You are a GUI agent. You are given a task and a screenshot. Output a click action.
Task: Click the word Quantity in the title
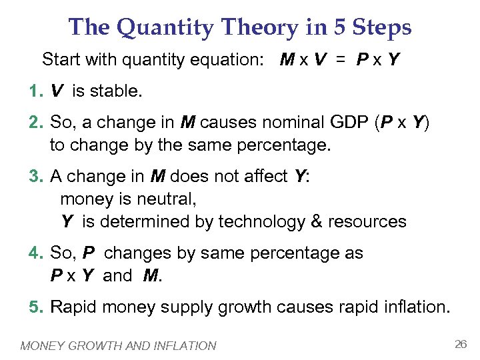pyautogui.click(x=156, y=27)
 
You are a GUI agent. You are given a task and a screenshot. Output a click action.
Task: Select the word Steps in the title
pyautogui.click(x=383, y=27)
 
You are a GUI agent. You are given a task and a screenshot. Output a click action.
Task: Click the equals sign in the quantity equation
pyautogui.click(x=341, y=59)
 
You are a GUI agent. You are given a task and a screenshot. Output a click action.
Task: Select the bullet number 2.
pyautogui.click(x=35, y=123)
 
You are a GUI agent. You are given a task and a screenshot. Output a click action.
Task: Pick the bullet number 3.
pyautogui.click(x=35, y=177)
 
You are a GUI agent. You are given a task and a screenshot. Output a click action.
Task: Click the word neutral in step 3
pyautogui.click(x=169, y=199)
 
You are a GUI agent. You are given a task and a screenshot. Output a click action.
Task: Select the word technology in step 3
pyautogui.click(x=265, y=221)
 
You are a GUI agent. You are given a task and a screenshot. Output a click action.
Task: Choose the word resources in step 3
pyautogui.click(x=369, y=221)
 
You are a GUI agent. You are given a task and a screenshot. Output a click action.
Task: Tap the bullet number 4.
pyautogui.click(x=35, y=253)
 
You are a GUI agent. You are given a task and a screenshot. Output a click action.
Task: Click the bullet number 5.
pyautogui.click(x=35, y=307)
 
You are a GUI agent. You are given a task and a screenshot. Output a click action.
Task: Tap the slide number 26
pyautogui.click(x=460, y=344)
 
